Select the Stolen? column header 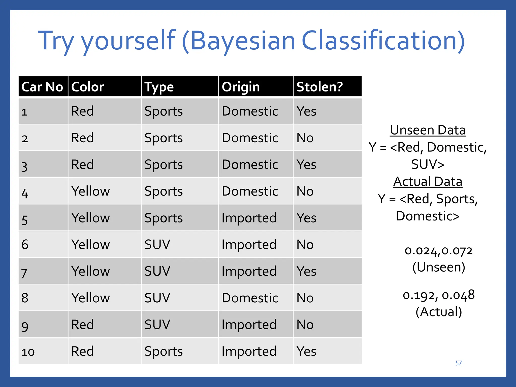pyautogui.click(x=319, y=87)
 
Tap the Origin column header pyautogui.click(x=241, y=87)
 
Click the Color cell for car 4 pyautogui.click(x=91, y=191)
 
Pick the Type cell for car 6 pyautogui.click(x=157, y=245)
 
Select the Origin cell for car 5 pyautogui.click(x=249, y=218)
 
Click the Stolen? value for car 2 pyautogui.click(x=305, y=138)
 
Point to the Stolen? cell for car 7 pyautogui.click(x=306, y=271)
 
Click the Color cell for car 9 pyautogui.click(x=82, y=325)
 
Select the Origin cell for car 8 pyautogui.click(x=250, y=298)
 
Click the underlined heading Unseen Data pyautogui.click(x=428, y=131)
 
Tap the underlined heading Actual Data pyautogui.click(x=428, y=182)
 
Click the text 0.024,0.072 pyautogui.click(x=438, y=251)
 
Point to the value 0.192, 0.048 pyautogui.click(x=438, y=295)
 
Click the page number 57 pyautogui.click(x=458, y=363)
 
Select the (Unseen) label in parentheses pyautogui.click(x=438, y=267)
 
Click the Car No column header pyautogui.click(x=42, y=87)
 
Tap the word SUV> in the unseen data pyautogui.click(x=428, y=165)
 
